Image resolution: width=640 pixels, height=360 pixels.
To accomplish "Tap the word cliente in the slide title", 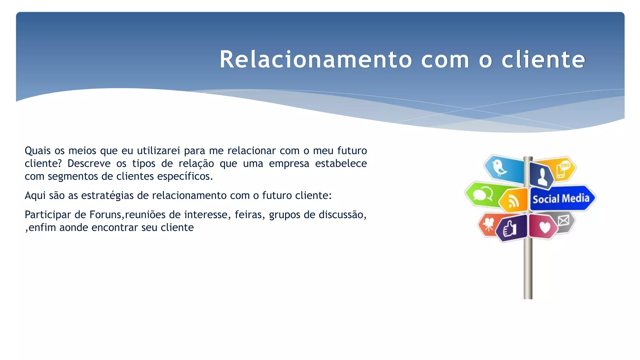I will tap(543, 59).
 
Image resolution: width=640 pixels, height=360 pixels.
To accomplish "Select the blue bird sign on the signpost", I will tap(503, 169).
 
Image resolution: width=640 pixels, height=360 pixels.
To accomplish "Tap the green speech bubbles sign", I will tap(483, 194).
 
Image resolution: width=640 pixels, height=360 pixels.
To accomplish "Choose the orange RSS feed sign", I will tap(513, 201).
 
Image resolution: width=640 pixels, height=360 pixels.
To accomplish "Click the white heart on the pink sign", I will tap(545, 227).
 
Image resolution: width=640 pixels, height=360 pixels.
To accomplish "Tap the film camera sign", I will tap(488, 224).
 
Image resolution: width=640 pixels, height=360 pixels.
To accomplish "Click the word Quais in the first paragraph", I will tap(37, 151).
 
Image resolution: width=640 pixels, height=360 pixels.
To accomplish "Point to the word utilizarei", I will tap(158, 151).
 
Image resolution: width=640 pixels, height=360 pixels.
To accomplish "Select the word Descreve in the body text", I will tap(89, 163).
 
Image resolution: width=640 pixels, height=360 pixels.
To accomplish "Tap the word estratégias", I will tap(107, 196).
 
